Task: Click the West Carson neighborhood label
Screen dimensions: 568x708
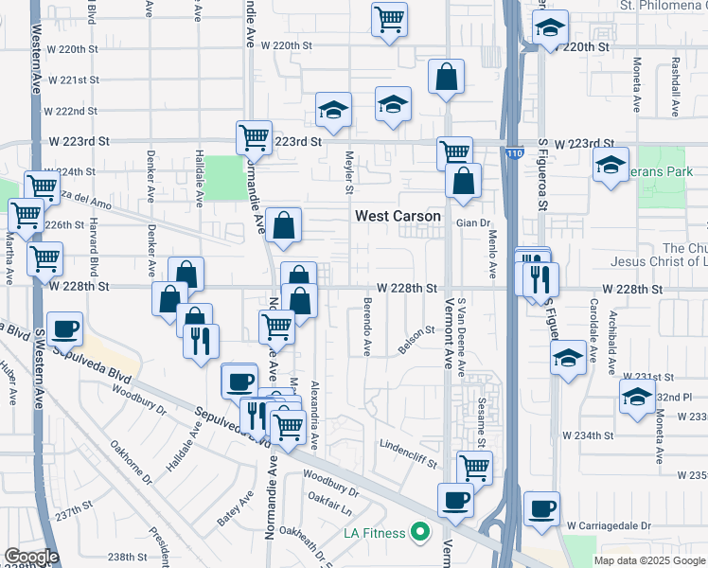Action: point(398,216)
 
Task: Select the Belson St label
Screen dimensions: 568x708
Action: point(416,340)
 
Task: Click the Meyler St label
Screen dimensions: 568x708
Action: point(349,171)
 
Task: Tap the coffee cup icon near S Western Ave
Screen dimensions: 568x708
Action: point(64,328)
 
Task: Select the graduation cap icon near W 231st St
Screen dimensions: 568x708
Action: point(568,358)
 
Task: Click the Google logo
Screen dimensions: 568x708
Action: point(30,557)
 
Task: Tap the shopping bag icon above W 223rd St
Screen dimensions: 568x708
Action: point(446,77)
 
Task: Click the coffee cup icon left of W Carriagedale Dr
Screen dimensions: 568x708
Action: point(541,508)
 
